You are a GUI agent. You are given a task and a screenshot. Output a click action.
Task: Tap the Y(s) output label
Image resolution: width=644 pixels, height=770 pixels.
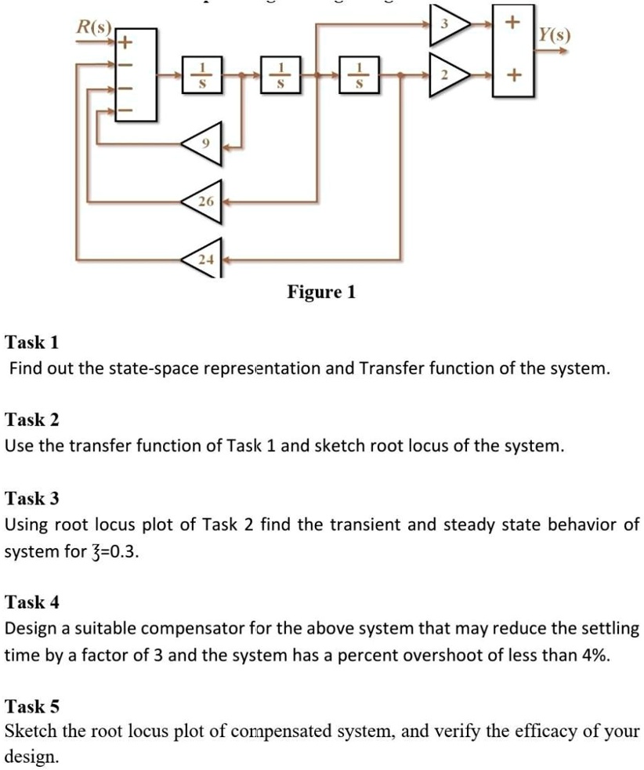(x=553, y=35)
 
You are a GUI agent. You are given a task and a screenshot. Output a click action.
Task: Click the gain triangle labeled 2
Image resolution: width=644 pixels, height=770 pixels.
(x=447, y=75)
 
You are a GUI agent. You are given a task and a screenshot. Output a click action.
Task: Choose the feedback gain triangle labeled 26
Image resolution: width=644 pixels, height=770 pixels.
(x=204, y=201)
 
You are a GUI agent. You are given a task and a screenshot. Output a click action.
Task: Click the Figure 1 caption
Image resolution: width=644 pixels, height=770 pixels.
(x=321, y=292)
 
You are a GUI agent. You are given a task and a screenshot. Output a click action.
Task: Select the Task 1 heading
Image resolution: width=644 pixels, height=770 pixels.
(x=32, y=342)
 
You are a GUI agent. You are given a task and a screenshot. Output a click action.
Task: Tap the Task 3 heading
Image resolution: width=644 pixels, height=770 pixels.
(x=32, y=498)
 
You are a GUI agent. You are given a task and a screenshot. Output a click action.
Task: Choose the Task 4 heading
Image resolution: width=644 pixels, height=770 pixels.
(x=32, y=602)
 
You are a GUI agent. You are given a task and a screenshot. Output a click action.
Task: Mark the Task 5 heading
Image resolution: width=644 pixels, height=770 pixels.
(x=32, y=706)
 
